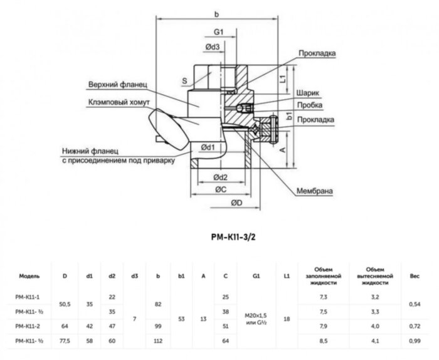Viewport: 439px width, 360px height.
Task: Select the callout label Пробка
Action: point(310,105)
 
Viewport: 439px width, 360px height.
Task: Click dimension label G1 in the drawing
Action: point(219,32)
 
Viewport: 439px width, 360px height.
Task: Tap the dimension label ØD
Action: point(236,203)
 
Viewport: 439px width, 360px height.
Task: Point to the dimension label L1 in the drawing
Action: point(283,79)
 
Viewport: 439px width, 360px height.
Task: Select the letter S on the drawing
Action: point(184,81)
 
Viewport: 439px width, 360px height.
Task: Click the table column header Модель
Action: point(30,275)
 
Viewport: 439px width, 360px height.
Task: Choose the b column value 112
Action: point(158,341)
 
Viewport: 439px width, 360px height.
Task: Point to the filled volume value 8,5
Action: point(324,341)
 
